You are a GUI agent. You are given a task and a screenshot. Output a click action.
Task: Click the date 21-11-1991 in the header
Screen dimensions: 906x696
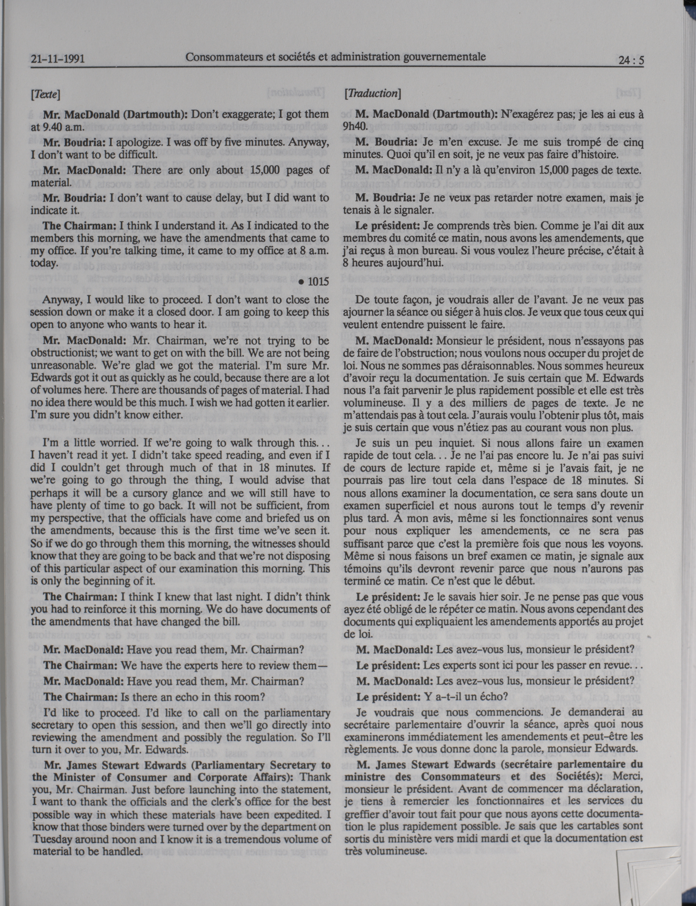pos(58,59)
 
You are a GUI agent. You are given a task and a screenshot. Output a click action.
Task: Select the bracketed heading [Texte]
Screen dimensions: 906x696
pos(45,95)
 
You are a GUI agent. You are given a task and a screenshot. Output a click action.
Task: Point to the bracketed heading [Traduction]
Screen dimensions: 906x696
pos(372,94)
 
